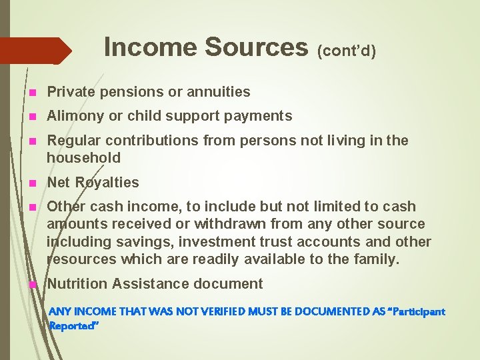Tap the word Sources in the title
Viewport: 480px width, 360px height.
(x=256, y=47)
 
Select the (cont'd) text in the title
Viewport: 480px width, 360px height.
(x=346, y=51)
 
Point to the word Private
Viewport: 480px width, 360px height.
(x=70, y=92)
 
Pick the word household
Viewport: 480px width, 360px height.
(x=83, y=158)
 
